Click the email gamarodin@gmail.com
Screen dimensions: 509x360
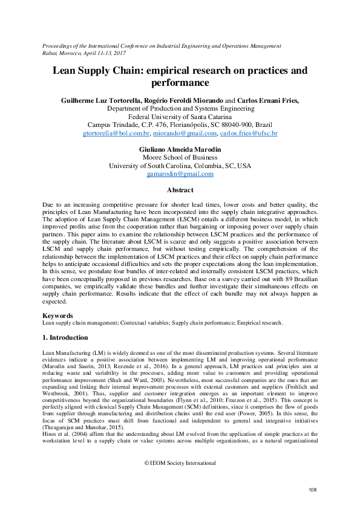tap(180, 174)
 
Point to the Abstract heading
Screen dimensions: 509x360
tap(180, 190)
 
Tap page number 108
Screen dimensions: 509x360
tap(313, 489)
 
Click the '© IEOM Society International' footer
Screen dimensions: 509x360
tap(180, 463)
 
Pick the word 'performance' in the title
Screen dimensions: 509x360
tap(180, 82)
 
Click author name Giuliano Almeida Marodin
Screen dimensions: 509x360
tap(180, 148)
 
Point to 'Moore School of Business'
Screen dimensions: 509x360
tap(180, 157)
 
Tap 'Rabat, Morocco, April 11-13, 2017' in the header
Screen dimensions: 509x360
tap(87, 53)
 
